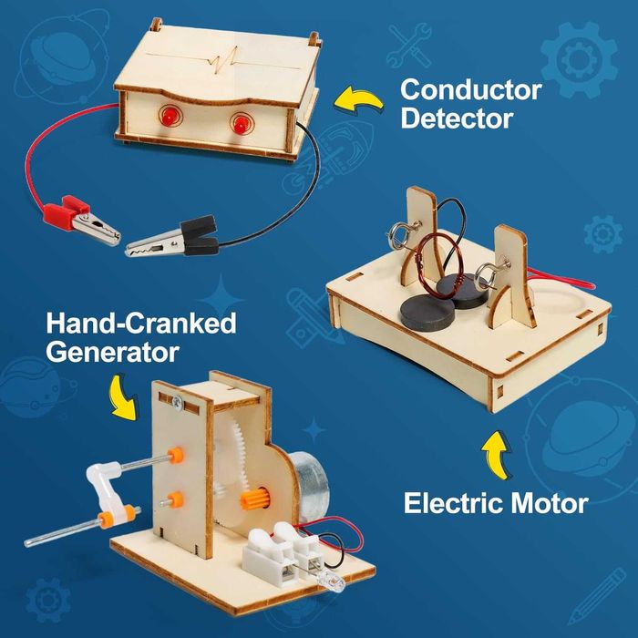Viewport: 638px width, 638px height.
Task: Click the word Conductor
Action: point(471,90)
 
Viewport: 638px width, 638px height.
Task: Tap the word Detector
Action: point(457,118)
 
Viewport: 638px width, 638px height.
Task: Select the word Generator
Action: point(113,352)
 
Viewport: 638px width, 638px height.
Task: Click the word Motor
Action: point(550,503)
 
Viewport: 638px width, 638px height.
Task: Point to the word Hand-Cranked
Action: point(141,323)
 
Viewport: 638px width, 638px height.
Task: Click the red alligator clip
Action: point(81,219)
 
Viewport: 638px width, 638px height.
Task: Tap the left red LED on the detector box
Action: point(167,117)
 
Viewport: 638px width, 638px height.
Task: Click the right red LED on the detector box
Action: point(240,124)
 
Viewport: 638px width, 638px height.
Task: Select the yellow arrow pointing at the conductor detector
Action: point(358,99)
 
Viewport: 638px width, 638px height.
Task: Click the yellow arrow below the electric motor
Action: point(497,454)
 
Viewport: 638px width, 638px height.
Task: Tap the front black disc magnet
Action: point(427,313)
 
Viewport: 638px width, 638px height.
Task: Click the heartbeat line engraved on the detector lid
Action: point(223,60)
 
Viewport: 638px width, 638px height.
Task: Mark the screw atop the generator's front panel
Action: point(177,402)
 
